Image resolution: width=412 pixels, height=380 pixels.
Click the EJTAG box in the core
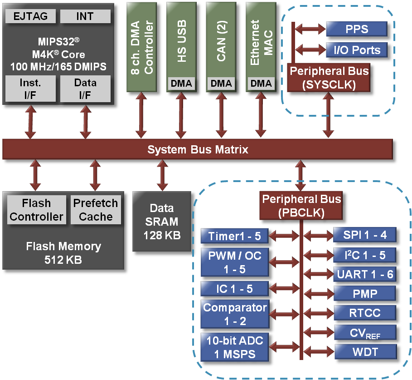(x=31, y=17)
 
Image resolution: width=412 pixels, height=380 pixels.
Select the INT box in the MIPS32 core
(x=85, y=17)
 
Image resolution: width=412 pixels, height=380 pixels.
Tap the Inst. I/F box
(x=31, y=89)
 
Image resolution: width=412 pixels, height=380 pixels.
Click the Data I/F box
(x=85, y=89)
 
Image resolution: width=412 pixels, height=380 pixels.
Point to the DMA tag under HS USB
(x=181, y=83)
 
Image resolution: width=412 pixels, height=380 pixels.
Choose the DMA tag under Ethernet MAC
(x=261, y=83)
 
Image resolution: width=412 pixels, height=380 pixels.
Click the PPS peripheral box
(x=357, y=30)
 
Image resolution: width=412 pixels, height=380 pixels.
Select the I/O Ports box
(x=357, y=49)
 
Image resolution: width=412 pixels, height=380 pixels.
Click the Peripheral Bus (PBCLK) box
(x=301, y=206)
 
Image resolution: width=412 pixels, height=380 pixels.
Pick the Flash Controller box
(x=36, y=210)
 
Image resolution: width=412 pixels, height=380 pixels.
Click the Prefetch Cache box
(x=96, y=210)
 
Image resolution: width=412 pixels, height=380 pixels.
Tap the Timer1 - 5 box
(x=234, y=236)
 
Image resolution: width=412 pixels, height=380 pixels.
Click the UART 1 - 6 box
(x=365, y=274)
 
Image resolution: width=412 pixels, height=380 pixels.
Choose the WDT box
(x=365, y=351)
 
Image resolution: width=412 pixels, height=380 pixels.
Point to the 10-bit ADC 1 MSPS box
(x=234, y=347)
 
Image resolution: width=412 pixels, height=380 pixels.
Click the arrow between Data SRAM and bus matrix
(x=162, y=176)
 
